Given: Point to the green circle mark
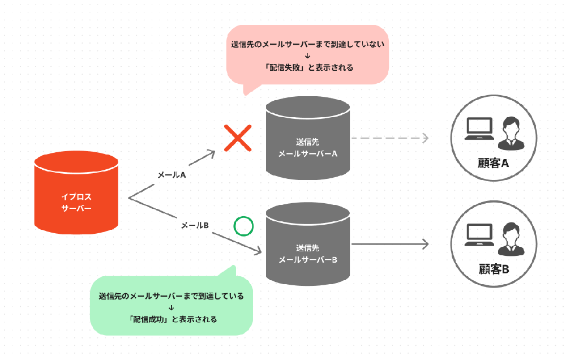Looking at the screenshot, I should tap(243, 226).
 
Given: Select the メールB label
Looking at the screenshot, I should tap(195, 225).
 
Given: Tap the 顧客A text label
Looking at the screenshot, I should tap(494, 164).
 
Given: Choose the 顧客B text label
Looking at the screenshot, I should tap(494, 269).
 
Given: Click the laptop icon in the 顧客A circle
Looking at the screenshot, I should tap(478, 128).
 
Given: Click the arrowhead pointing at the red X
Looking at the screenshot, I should tap(212, 152).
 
